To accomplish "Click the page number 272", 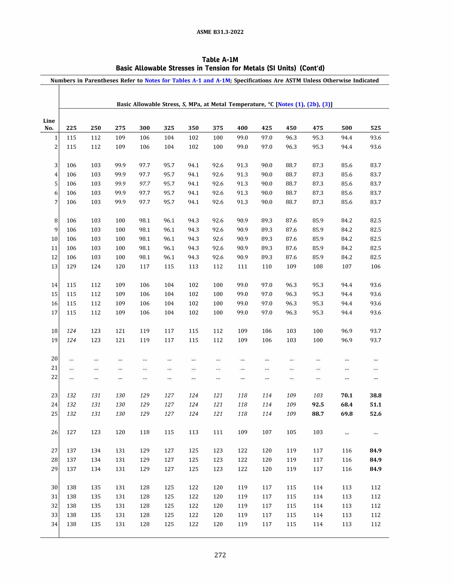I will click(x=220, y=555).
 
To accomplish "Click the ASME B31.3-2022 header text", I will click(x=220, y=32).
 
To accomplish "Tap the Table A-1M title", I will click(x=220, y=59).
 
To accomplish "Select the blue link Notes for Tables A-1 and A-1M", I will click(x=187, y=80).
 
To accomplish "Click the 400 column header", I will click(x=242, y=128).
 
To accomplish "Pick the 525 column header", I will click(x=375, y=128).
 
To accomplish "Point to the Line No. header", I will click(x=49, y=124).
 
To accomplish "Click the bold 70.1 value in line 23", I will click(x=347, y=395).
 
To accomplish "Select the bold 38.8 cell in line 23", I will click(x=375, y=395).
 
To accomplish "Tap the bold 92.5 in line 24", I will click(x=318, y=404).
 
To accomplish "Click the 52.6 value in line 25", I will click(x=375, y=414).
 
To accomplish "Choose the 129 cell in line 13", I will click(x=71, y=266).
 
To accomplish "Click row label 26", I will click(x=54, y=432).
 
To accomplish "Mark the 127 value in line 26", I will click(x=71, y=432).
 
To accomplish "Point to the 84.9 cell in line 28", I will click(x=375, y=460).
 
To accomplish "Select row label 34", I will click(x=54, y=524).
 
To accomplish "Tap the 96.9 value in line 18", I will click(x=347, y=331).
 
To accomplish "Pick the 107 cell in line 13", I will click(x=347, y=266).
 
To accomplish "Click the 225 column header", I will click(x=71, y=128).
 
